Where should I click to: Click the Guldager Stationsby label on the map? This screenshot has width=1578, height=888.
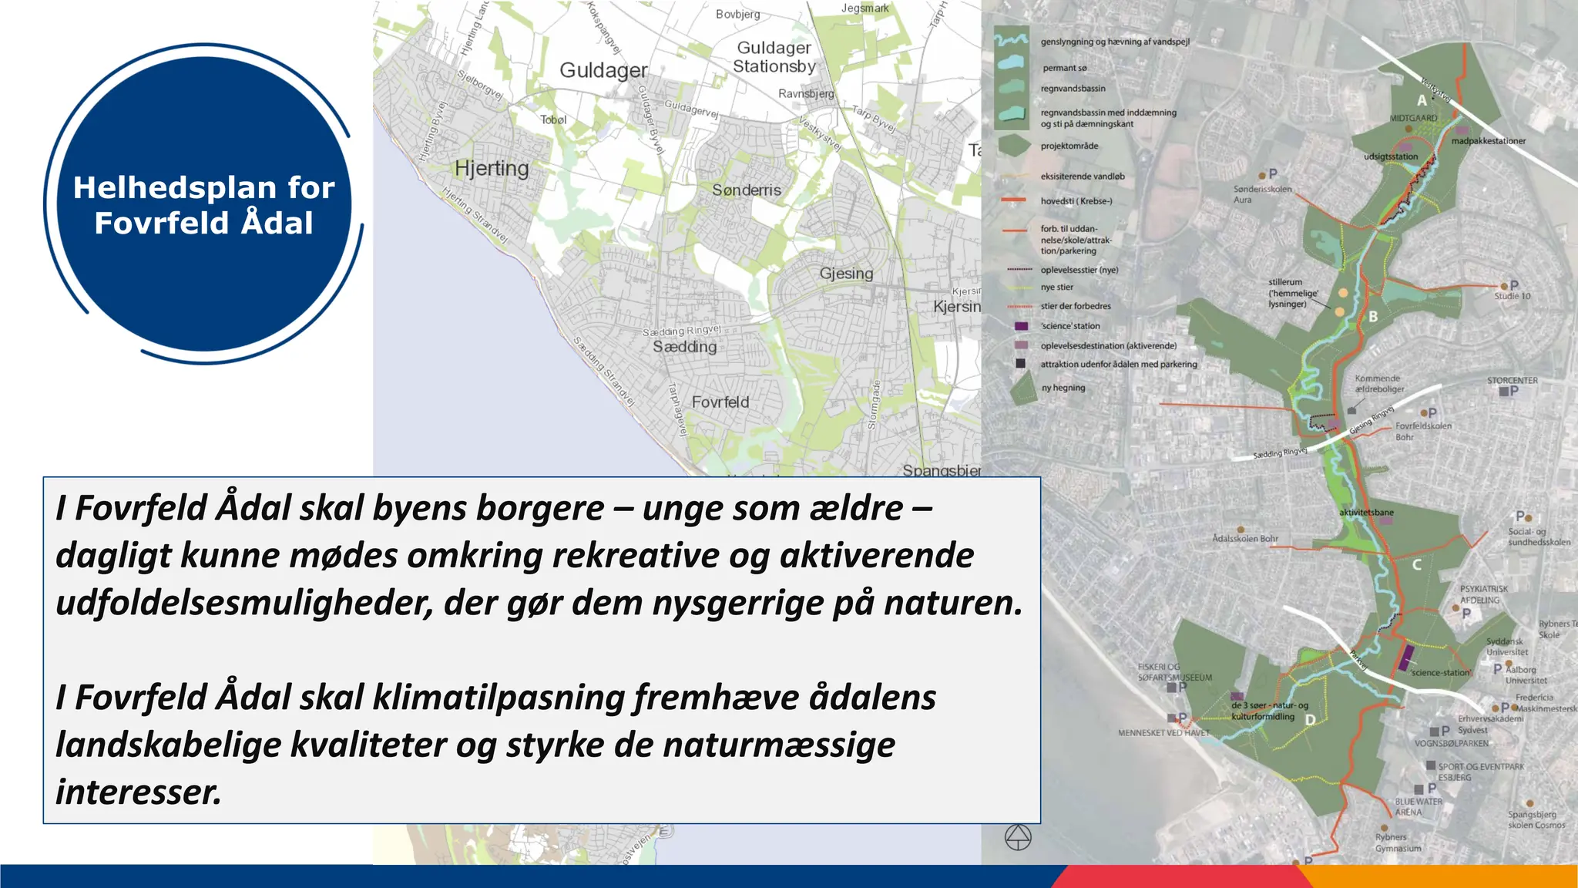(774, 57)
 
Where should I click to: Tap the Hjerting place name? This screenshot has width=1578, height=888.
(492, 168)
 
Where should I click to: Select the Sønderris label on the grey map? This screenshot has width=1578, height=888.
(746, 190)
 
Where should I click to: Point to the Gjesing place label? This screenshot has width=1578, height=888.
(846, 274)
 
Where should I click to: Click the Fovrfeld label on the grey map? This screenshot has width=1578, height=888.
(720, 402)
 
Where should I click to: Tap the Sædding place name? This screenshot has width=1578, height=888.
(684, 347)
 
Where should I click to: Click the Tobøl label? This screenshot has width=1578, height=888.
(553, 120)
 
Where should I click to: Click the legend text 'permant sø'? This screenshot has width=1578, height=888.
(1064, 68)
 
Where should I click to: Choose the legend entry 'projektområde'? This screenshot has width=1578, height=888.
(1069, 146)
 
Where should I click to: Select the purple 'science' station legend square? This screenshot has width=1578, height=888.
(1021, 326)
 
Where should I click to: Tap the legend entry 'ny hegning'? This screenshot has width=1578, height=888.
(1063, 388)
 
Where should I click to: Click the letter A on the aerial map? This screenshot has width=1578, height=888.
(1422, 100)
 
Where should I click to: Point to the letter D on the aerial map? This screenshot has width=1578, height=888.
(1310, 720)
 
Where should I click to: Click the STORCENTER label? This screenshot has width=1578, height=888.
(1512, 381)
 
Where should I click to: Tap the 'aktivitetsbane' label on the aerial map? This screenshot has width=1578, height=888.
(1365, 513)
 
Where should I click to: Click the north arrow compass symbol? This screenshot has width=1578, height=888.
(1018, 837)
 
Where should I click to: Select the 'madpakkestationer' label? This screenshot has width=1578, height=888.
(1488, 141)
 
